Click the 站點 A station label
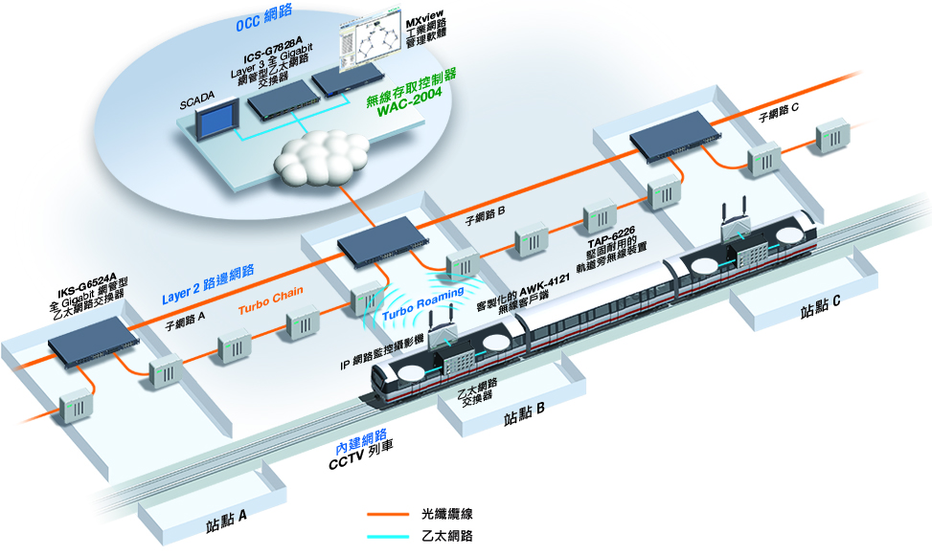(227, 524)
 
